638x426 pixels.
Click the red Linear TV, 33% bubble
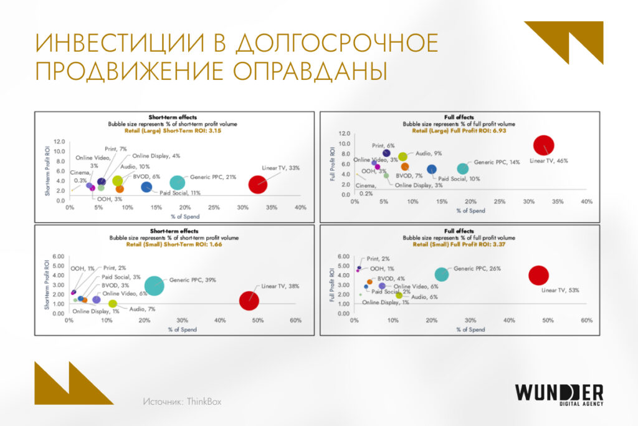pyautogui.click(x=258, y=184)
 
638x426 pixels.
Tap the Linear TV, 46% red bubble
pyautogui.click(x=544, y=145)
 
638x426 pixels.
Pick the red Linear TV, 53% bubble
pyautogui.click(x=538, y=274)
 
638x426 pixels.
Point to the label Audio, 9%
pyautogui.click(x=429, y=153)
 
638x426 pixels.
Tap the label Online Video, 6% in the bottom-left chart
pyautogui.click(x=125, y=293)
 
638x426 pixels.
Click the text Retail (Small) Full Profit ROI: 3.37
pyautogui.click(x=460, y=244)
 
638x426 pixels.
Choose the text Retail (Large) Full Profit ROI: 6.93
pyautogui.click(x=460, y=131)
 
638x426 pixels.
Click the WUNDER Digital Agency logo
pyautogui.click(x=559, y=396)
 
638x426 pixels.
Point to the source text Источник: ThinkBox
pyautogui.click(x=181, y=402)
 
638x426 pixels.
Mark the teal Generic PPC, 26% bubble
pyautogui.click(x=441, y=274)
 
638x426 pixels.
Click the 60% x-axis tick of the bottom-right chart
pyautogui.click(x=586, y=321)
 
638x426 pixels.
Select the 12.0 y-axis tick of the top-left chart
pyautogui.click(x=59, y=142)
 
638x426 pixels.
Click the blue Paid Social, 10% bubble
pyautogui.click(x=431, y=169)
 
